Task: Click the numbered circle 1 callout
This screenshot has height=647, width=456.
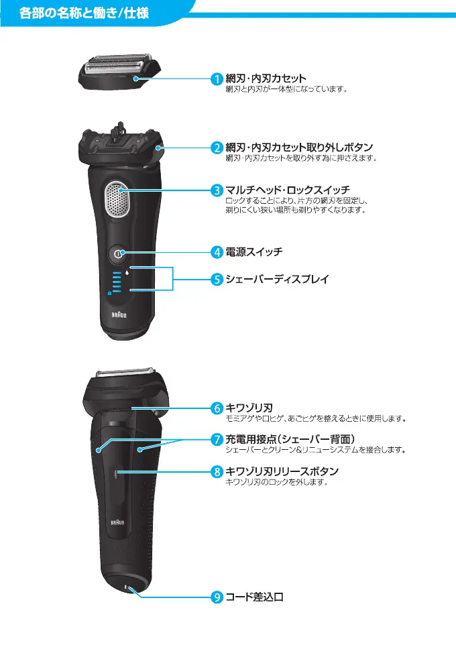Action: tap(218, 79)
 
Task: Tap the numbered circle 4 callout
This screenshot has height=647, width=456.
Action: tap(218, 253)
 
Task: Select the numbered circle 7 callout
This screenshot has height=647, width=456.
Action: tap(218, 440)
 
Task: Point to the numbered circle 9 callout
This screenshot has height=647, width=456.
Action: tap(218, 597)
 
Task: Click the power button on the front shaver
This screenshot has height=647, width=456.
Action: tap(118, 253)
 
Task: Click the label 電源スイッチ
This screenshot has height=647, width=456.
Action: tap(254, 253)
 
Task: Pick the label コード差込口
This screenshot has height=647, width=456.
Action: tap(254, 597)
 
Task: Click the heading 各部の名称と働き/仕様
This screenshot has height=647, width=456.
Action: tap(84, 13)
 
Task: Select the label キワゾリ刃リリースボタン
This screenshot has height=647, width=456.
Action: tap(282, 471)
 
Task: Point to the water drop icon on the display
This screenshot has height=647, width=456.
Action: tap(125, 272)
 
